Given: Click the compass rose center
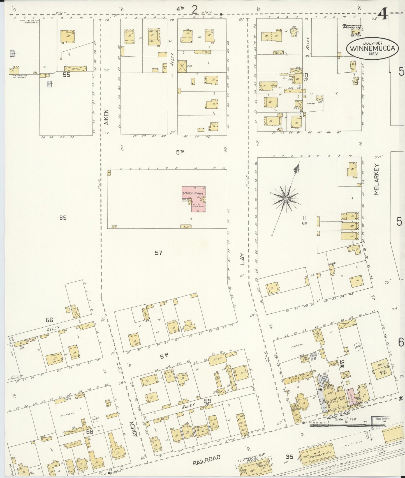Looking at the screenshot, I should [286, 199].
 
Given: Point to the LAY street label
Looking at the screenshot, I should [242, 259].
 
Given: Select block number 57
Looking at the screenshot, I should [158, 253].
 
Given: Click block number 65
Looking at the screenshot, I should [63, 218].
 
